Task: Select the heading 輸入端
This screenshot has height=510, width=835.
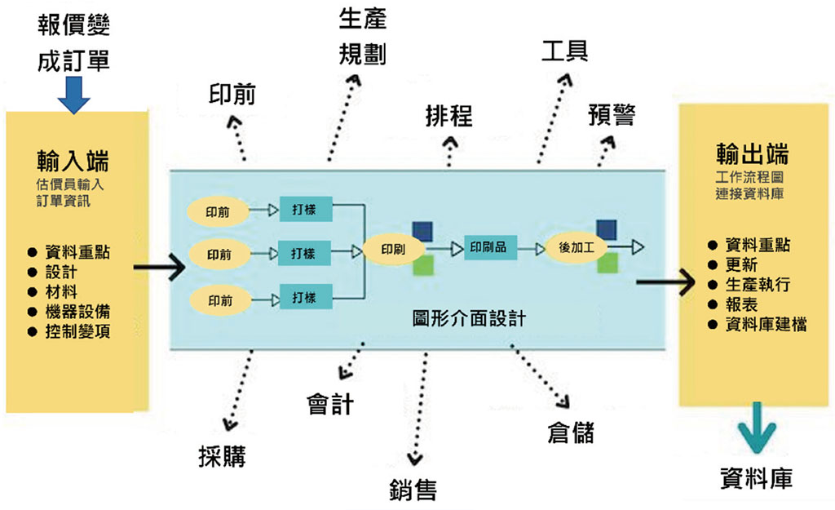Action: (x=74, y=157)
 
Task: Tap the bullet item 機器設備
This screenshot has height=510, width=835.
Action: (x=78, y=312)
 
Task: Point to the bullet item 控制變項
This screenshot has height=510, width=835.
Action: (x=78, y=331)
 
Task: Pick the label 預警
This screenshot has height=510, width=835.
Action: (x=612, y=115)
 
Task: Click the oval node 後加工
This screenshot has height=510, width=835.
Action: (x=576, y=246)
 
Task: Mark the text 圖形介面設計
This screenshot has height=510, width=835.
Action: (x=469, y=319)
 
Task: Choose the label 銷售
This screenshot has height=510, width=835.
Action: (x=413, y=489)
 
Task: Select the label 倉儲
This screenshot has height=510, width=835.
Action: (x=571, y=432)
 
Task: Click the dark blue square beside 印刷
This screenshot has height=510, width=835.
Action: (x=422, y=230)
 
